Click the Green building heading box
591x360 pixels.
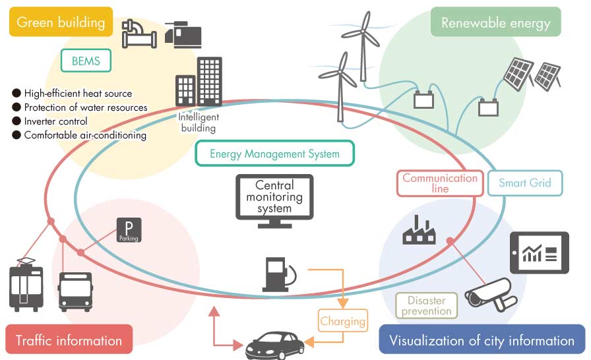coord(61,22)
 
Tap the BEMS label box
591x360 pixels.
coord(86,61)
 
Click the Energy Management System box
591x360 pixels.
coord(274,154)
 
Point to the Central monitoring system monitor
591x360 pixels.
coord(274,199)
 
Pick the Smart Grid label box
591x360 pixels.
coord(525,183)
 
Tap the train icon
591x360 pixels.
coord(26,286)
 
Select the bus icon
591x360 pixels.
coord(75,290)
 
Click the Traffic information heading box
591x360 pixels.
coord(69,340)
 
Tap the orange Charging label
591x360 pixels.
coord(342,322)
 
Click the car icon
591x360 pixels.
coord(275,345)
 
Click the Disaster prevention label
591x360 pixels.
coord(426,306)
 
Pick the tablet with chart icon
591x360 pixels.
coord(539,253)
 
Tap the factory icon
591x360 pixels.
coord(420,230)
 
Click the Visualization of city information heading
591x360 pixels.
coord(482,340)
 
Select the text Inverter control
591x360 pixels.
coord(55,121)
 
